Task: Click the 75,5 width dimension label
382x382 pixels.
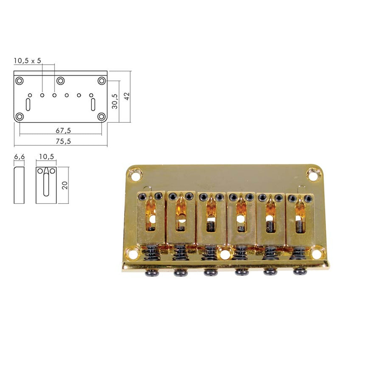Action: (63, 141)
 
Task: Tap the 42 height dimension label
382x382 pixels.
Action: (127, 96)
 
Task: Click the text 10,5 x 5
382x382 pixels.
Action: (27, 61)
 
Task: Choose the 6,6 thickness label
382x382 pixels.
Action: (19, 156)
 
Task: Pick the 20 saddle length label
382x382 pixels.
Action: (65, 185)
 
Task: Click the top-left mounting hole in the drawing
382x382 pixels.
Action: (20, 81)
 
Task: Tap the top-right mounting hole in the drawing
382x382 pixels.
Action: (101, 81)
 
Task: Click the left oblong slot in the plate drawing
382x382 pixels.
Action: (28, 104)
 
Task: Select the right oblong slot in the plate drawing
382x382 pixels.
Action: (93, 104)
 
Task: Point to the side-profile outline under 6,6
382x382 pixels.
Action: (19, 185)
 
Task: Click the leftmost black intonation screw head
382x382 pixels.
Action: (150, 273)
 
